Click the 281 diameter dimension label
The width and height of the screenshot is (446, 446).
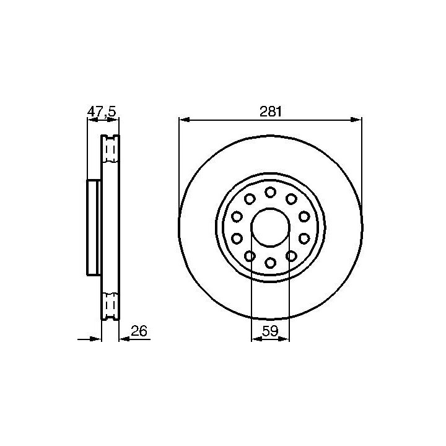point(270,111)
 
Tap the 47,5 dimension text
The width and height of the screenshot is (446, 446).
point(102,111)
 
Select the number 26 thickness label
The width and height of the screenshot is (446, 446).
point(139,331)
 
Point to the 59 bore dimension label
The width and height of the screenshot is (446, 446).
point(270,331)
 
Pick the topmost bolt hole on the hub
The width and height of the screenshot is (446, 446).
point(270,192)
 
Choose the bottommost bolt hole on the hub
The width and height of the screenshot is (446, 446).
point(270,262)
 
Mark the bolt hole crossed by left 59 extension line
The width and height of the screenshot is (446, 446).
point(250,256)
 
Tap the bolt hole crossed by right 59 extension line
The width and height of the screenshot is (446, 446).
point(291,256)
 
